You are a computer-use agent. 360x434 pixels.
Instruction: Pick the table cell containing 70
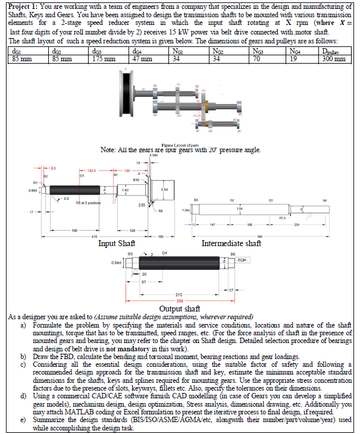(256, 59)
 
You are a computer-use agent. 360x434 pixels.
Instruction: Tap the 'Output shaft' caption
(179, 308)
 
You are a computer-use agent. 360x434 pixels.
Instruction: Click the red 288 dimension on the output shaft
(179, 301)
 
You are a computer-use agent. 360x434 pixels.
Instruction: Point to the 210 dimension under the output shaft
(178, 295)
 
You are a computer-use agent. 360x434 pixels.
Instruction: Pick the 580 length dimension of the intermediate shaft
(259, 236)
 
